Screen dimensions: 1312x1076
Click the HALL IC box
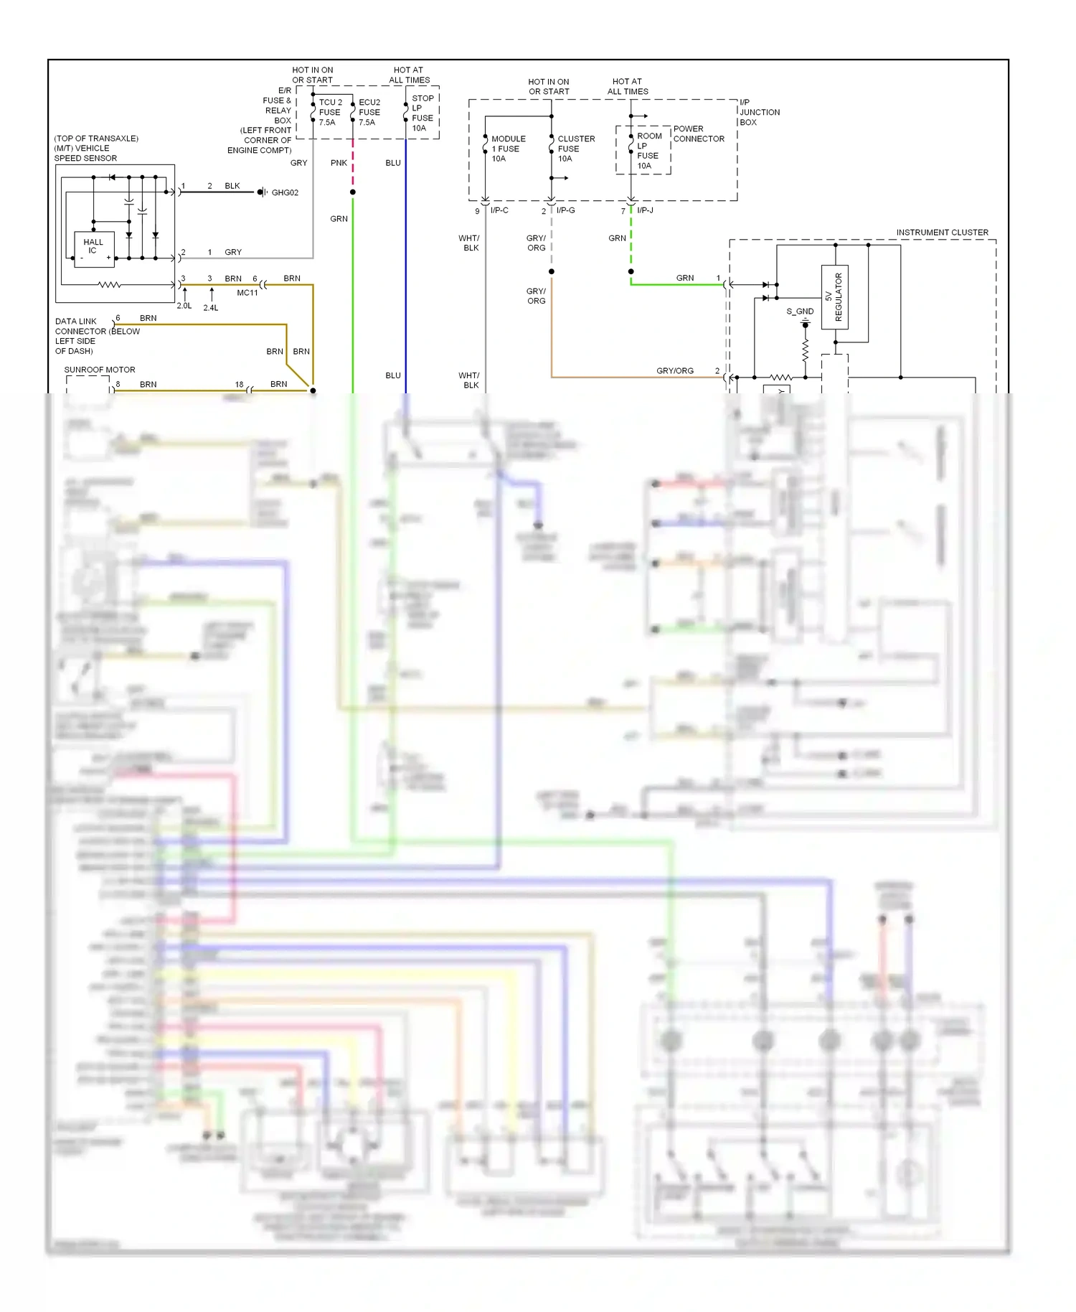click(x=93, y=249)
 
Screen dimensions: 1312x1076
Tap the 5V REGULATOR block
click(x=834, y=296)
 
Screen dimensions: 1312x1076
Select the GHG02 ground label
click(x=285, y=193)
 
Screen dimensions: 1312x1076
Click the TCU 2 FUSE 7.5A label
click(x=330, y=113)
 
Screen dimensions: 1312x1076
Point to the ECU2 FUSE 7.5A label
click(x=369, y=113)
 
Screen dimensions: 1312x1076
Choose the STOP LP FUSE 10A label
click(x=422, y=113)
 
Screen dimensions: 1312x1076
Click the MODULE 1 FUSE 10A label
click(x=508, y=149)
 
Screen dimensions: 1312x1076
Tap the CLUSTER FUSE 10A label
click(x=575, y=149)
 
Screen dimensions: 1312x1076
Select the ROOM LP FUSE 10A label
click(x=648, y=151)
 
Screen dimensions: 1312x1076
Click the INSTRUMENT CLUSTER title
click(x=942, y=233)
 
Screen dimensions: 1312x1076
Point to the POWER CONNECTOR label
click(x=698, y=134)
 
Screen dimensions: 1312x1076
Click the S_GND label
click(x=800, y=311)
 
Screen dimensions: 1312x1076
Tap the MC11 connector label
click(x=247, y=293)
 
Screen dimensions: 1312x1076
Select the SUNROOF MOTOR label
click(x=100, y=370)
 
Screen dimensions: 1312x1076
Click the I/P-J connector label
click(x=645, y=210)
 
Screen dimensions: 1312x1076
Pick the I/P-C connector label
click(x=499, y=210)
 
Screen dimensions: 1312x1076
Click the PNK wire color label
click(x=339, y=164)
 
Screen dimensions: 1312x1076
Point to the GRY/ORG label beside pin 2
click(x=674, y=371)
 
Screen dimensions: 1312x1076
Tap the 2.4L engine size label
click(x=211, y=308)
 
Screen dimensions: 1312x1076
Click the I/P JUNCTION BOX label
click(x=760, y=113)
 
